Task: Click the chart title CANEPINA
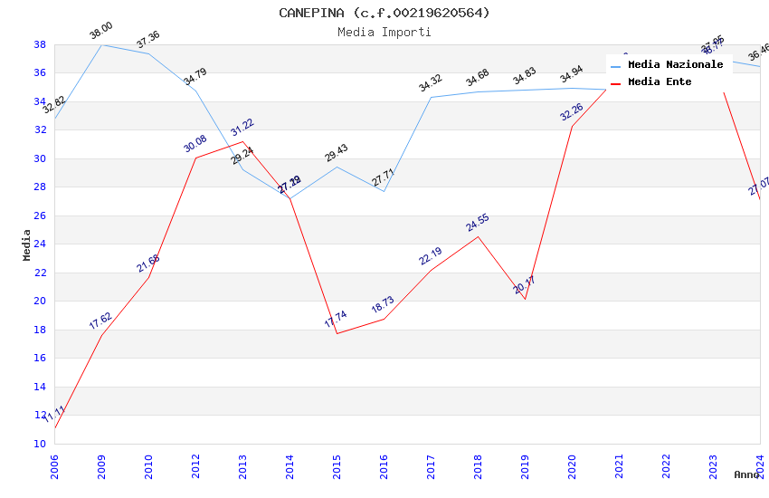click(384, 13)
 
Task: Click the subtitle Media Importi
click(384, 32)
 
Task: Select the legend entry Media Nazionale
click(675, 65)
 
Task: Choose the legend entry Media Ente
click(660, 82)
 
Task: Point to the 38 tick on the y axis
click(40, 44)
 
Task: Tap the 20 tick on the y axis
click(40, 302)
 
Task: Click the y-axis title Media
click(27, 244)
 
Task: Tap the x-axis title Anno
click(746, 474)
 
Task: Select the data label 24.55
click(478, 223)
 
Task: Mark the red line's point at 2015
click(337, 333)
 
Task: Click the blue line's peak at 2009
click(101, 44)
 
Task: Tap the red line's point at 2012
click(195, 158)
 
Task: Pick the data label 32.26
click(572, 112)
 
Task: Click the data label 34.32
click(431, 84)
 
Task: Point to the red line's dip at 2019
click(525, 299)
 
